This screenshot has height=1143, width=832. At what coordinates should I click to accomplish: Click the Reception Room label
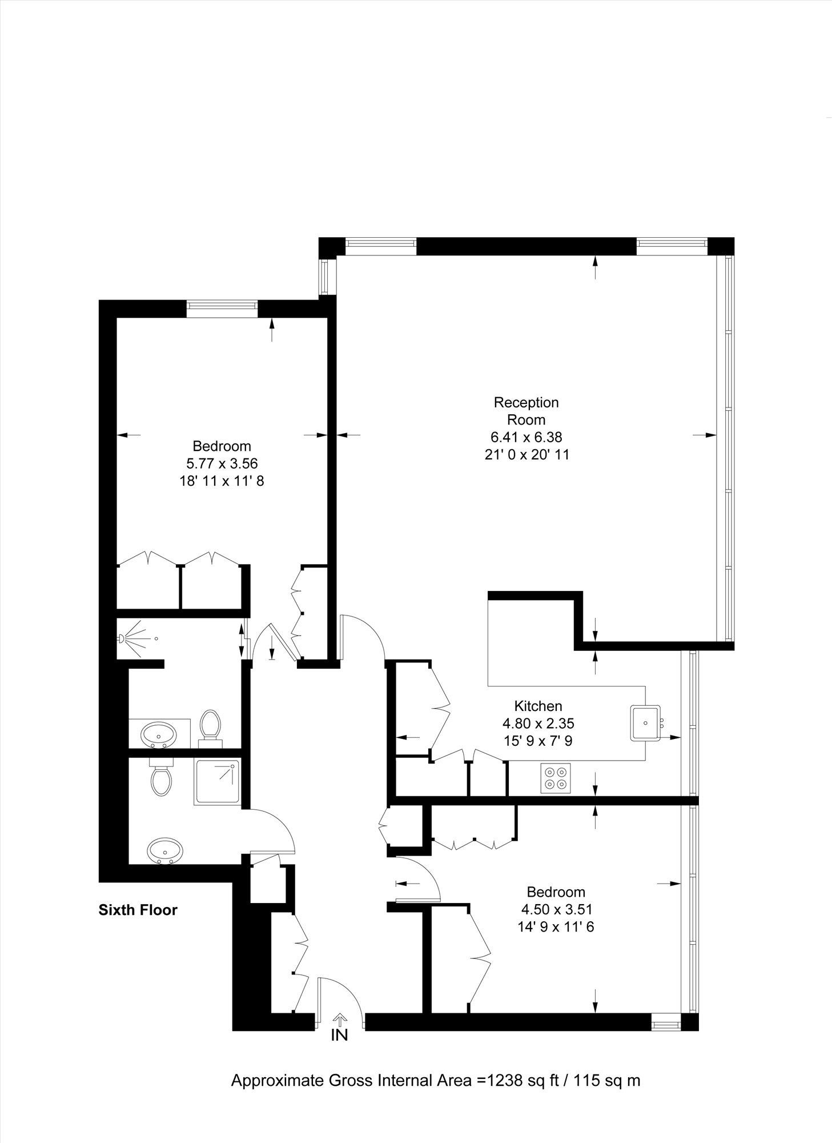click(x=526, y=411)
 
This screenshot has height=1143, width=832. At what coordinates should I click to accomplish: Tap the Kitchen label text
click(x=538, y=706)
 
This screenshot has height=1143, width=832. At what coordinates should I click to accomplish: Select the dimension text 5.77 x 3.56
click(x=222, y=463)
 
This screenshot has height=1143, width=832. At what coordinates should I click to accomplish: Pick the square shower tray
click(x=218, y=782)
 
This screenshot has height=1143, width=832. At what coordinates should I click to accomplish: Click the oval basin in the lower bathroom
click(x=165, y=851)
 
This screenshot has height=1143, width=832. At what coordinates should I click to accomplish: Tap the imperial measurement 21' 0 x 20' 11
click(x=526, y=455)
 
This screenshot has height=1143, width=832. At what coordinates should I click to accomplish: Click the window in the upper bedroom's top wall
click(x=223, y=308)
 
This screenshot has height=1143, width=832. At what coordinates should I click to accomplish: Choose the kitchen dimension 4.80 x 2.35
click(x=538, y=724)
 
